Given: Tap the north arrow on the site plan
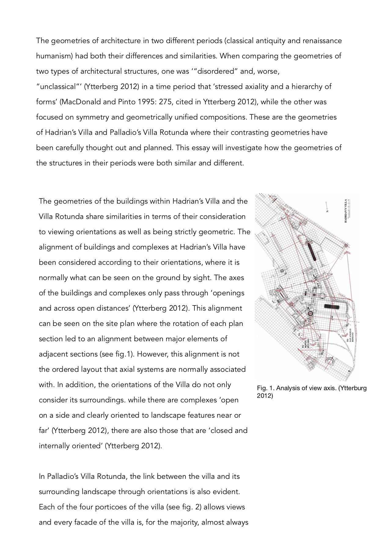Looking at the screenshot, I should coord(327,207).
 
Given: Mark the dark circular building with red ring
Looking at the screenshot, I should coord(310,313).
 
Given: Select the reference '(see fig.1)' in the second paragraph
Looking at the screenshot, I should coord(117,354).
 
